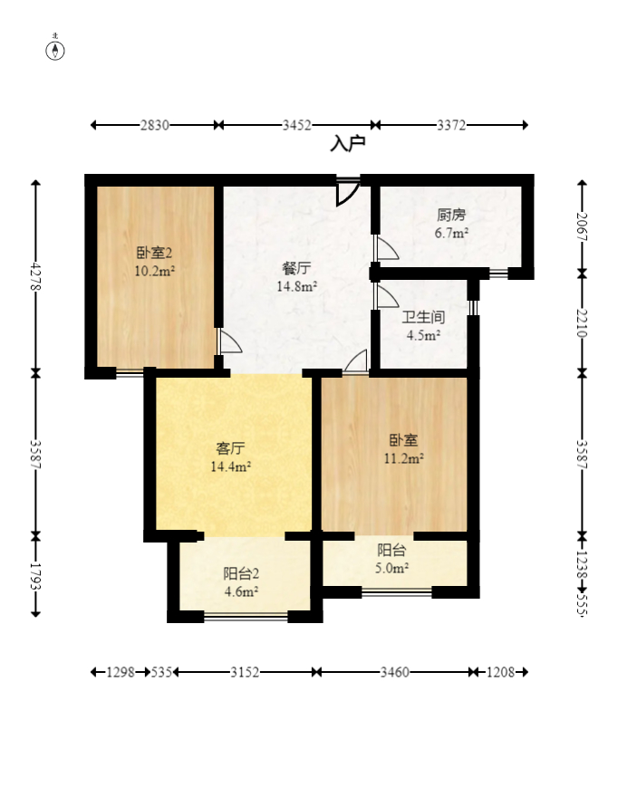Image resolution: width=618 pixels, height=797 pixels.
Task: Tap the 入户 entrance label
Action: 348,144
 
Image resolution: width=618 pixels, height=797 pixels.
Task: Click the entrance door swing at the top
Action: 348,192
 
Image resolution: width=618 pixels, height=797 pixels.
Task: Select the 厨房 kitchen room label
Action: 451,215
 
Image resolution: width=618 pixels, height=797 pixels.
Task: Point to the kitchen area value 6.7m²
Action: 451,234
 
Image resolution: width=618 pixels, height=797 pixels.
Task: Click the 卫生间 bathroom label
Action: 423,317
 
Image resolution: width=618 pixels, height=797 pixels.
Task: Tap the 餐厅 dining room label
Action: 296,268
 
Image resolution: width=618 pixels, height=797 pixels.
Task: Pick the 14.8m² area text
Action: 297,286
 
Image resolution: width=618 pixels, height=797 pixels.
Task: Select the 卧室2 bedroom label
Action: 154,252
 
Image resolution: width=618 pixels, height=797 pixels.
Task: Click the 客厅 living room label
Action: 230,448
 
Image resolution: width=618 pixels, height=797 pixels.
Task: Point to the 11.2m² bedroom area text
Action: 404,458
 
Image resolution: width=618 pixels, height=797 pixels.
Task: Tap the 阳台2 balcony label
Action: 241,573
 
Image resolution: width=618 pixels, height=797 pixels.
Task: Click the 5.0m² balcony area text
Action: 391,568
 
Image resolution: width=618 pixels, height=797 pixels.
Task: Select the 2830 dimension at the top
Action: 155,125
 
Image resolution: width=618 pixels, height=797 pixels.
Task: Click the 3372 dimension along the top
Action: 451,125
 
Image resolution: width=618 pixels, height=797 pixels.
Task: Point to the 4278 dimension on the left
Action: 35,276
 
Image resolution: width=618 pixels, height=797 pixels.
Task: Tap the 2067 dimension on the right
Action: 583,226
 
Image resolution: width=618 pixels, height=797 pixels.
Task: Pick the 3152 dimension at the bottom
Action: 245,672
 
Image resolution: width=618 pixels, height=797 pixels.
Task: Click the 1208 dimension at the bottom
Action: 500,672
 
